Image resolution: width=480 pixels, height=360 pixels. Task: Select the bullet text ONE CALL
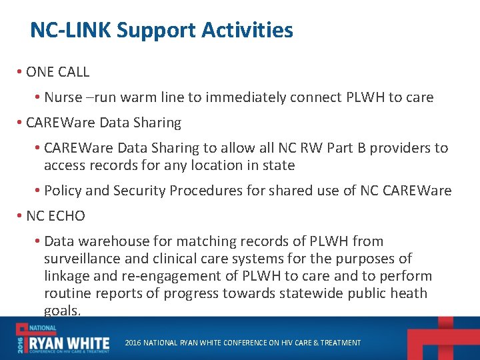pos(57,72)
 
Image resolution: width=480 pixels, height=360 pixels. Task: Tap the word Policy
pos(63,191)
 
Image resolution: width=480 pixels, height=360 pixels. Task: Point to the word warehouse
pos(108,241)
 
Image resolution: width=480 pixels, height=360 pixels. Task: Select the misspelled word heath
pos(409,293)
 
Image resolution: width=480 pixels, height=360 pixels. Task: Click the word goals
pos(62,311)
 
